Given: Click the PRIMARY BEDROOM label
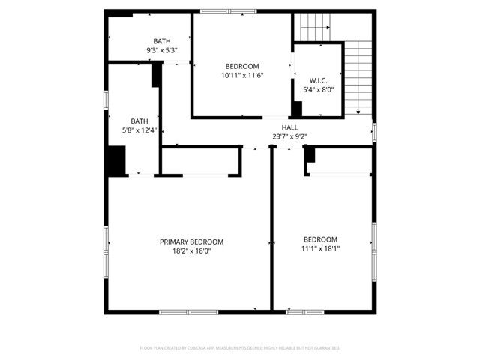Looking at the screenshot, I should point(191,241).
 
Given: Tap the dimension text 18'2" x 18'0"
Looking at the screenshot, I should point(191,251).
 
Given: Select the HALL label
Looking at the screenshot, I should point(289,127).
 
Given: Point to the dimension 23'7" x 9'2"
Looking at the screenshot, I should point(289,136).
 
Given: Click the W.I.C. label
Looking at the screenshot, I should point(318,80).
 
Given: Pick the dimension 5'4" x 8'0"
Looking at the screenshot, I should point(318,90).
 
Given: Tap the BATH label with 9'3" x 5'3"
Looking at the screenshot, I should point(161,41).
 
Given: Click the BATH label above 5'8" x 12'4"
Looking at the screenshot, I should point(139,121).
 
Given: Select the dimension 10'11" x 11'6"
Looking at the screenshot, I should point(241,75).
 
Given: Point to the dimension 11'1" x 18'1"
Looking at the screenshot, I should point(321,248).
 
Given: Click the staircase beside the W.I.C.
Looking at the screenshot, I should point(358,71).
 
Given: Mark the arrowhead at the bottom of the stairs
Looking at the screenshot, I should point(358,112).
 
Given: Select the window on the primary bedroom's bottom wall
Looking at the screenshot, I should point(188,311).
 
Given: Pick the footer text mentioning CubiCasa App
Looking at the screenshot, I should point(240,348).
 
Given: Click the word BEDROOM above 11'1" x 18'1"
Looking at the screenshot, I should point(320,239).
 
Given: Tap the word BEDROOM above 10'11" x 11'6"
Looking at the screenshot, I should point(241,66).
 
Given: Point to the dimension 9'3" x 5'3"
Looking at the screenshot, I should point(161,50).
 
